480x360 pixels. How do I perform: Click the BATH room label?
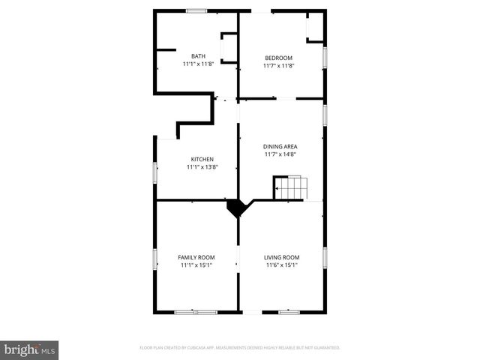tap(198, 56)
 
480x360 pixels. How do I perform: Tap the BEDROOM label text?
tap(278, 58)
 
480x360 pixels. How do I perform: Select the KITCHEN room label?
tap(202, 159)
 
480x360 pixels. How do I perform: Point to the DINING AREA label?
tap(281, 146)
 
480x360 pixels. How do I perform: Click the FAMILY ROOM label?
tap(196, 257)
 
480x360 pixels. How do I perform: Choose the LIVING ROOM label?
tap(281, 257)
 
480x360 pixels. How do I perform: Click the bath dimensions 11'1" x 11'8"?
tap(198, 64)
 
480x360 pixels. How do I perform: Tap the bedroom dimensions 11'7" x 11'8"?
tap(278, 66)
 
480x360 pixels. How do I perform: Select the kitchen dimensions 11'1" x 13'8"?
tap(202, 167)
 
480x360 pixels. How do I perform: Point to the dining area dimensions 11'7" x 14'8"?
tap(281, 154)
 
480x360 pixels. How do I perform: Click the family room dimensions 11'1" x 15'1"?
tap(196, 265)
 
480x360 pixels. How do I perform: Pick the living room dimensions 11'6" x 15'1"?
tap(281, 265)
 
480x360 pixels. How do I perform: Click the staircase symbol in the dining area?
tap(290, 187)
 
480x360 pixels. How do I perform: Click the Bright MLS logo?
tap(29, 349)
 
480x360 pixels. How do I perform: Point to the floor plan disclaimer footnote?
tap(240, 348)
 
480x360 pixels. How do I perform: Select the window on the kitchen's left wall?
tap(155, 172)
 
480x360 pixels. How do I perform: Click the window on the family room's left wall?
tap(155, 259)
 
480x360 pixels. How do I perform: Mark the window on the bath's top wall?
tap(196, 10)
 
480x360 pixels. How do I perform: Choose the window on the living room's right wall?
tap(325, 257)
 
